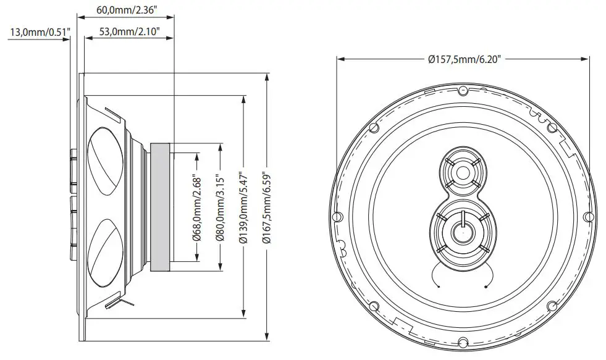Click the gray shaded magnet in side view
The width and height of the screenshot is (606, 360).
[x=161, y=207]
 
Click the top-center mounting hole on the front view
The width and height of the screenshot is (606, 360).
[x=462, y=90]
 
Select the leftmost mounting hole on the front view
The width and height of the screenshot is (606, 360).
[x=337, y=217]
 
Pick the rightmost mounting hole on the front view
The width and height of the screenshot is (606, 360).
[x=587, y=217]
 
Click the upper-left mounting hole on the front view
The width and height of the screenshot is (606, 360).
[x=372, y=127]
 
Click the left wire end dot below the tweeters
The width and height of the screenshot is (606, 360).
[x=437, y=287]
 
